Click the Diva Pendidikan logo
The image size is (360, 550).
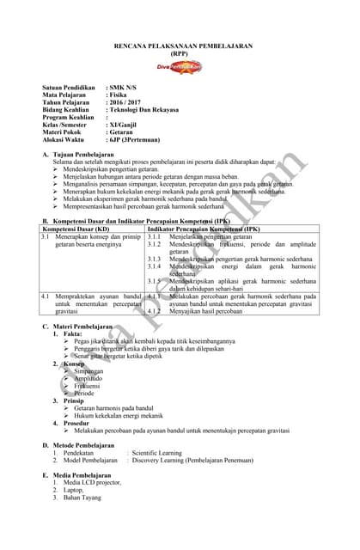click(179, 66)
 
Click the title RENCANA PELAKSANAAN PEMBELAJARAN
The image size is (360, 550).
click(180, 45)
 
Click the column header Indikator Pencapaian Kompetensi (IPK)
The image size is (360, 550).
click(204, 229)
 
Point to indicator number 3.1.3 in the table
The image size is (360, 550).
click(155, 259)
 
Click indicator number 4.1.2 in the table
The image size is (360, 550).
click(155, 311)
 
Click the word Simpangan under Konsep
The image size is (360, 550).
click(88, 371)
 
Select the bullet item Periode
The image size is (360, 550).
click(84, 393)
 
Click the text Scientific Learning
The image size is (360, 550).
click(157, 452)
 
